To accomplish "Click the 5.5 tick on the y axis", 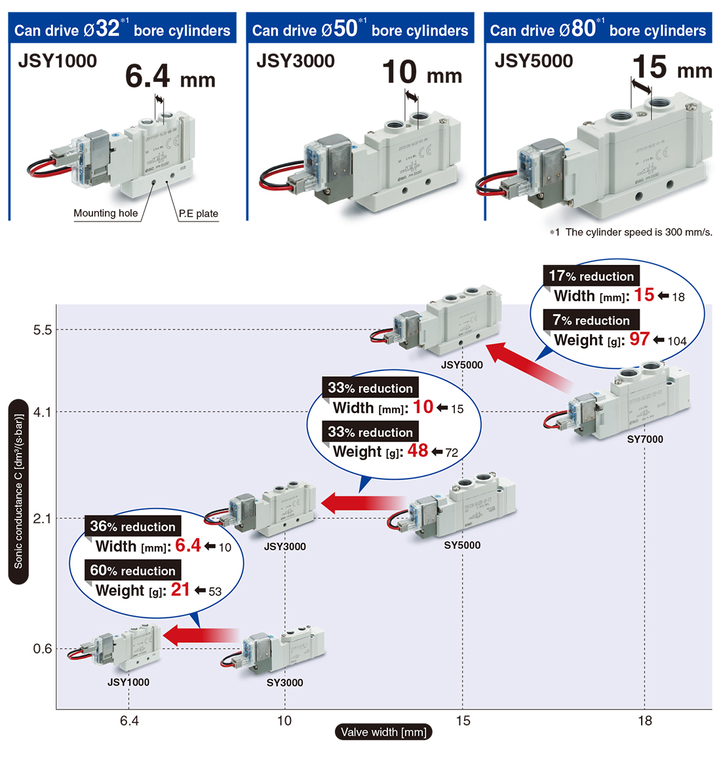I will coord(42,330).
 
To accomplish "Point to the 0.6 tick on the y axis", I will coord(42,649).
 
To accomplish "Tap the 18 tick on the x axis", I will coord(645,721).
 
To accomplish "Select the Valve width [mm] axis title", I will coord(383,732).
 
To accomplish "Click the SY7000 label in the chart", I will coord(645,439).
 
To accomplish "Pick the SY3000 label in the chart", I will coord(284,682).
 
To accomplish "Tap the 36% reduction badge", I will coord(132,526).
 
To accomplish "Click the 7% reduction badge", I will coord(591,320).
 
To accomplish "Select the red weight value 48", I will coord(418,451).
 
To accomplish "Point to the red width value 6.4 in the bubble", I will coord(187,545).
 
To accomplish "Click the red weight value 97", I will coord(639,339).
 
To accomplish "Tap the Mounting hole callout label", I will coord(106,213).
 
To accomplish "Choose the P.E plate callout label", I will coord(199,214).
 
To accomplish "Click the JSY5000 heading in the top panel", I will coord(534,61).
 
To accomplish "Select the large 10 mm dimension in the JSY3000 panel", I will coord(421,73).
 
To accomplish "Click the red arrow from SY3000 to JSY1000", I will coord(200,635).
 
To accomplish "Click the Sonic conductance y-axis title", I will coord(18,491).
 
